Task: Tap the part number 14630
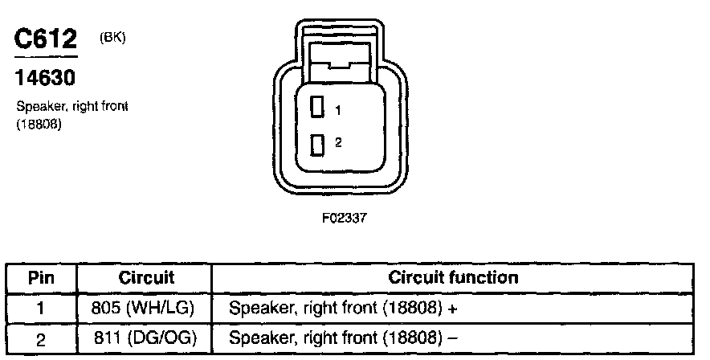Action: coord(45,79)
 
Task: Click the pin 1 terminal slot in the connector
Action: coord(317,107)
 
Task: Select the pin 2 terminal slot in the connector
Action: coord(317,145)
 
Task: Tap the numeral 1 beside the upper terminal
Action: coord(339,110)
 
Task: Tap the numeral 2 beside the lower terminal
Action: coord(339,142)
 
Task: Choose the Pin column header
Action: coord(41,278)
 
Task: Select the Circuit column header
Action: coord(147,278)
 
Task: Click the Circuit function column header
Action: coord(453,278)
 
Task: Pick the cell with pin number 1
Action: coord(41,307)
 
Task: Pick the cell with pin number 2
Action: coord(41,337)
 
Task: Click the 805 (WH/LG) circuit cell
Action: coord(146,307)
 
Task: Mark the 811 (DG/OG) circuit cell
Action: coord(146,337)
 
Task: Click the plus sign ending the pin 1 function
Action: coord(455,307)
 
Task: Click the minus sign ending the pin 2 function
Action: coord(454,337)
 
